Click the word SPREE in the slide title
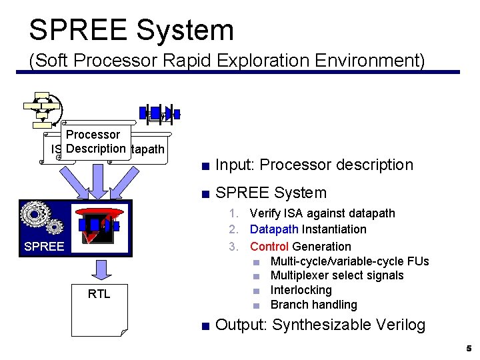pos(75,31)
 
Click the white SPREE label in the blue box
pos(44,247)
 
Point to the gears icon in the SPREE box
pos(41,219)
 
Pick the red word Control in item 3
pos(269,247)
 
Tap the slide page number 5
pos(469,349)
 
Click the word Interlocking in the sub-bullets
pos(301,290)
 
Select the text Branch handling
pos(313,305)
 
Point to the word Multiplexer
pos(300,275)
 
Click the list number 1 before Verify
pos(233,213)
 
